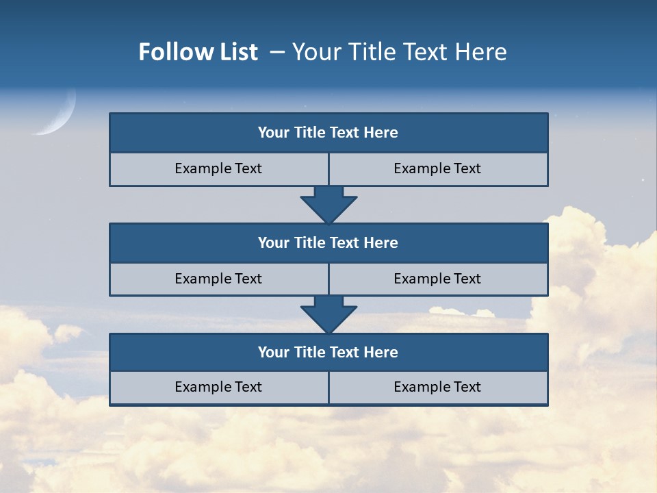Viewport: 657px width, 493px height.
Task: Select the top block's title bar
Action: click(x=328, y=133)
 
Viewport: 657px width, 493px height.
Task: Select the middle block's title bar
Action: click(x=328, y=243)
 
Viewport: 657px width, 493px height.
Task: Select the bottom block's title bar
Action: click(x=328, y=353)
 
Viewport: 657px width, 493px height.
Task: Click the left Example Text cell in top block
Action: click(x=218, y=168)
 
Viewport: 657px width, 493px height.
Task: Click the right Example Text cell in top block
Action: click(x=438, y=168)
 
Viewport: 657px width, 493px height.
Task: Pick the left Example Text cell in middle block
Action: click(x=218, y=279)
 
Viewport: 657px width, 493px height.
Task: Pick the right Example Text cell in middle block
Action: click(x=438, y=279)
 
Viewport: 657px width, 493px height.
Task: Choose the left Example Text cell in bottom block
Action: click(x=218, y=388)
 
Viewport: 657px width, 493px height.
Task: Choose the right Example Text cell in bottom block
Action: click(x=438, y=388)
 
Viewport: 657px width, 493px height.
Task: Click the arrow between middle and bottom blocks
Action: click(x=328, y=314)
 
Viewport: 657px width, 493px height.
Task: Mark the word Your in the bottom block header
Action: click(x=274, y=353)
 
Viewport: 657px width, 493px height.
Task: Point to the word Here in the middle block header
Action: click(x=381, y=243)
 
